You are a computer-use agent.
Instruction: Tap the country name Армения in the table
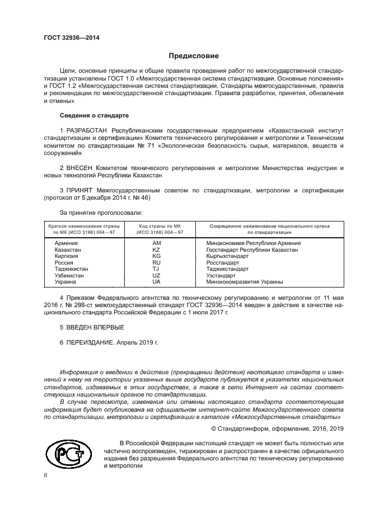point(67,243)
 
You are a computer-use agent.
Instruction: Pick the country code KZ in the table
point(156,250)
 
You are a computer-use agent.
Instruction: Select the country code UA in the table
point(156,282)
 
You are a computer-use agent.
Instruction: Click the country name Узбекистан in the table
point(70,276)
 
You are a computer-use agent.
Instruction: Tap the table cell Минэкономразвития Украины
point(245,282)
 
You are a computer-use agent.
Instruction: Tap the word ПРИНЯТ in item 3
point(81,191)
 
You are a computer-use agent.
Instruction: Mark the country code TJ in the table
point(156,269)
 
